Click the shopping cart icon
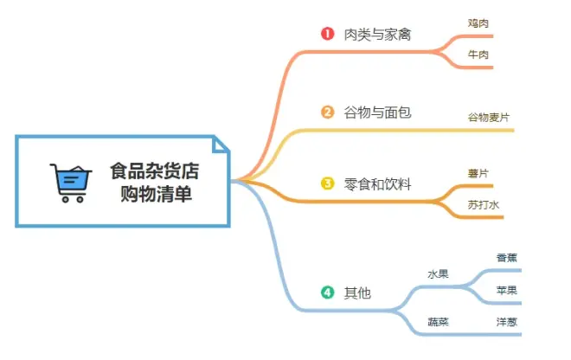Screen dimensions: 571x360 tap(71, 183)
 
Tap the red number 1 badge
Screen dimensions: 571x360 tap(327, 34)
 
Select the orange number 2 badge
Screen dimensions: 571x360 tap(327, 112)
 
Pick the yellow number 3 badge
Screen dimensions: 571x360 tap(327, 183)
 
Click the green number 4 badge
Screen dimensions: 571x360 tap(327, 292)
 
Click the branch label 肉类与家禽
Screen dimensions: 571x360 tap(377, 35)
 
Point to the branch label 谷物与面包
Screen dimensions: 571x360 tap(377, 112)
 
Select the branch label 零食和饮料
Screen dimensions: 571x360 tap(377, 184)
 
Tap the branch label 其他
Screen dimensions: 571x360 tap(357, 293)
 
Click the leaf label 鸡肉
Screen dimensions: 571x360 tap(478, 23)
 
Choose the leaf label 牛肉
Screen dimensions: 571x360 tap(478, 55)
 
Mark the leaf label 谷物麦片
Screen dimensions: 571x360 tap(488, 118)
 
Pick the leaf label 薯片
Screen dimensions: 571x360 tap(478, 173)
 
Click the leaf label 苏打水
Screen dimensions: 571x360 tap(484, 205)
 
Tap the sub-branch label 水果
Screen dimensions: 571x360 tap(438, 274)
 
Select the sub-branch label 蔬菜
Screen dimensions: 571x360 tap(438, 322)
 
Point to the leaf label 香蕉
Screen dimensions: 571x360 tap(506, 258)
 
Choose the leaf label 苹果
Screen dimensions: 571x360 tap(506, 291)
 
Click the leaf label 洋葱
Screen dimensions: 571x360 tap(506, 322)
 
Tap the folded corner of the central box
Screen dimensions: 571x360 tap(220, 145)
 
